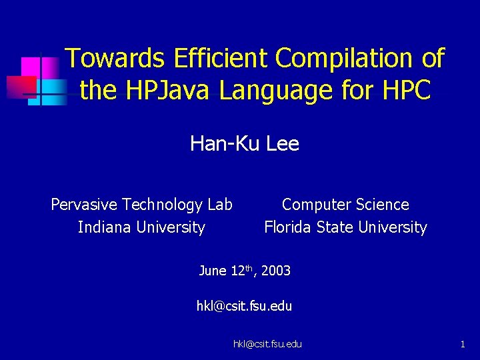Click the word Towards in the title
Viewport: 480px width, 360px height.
(115, 59)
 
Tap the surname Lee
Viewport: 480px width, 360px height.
(282, 143)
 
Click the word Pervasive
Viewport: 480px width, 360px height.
(83, 205)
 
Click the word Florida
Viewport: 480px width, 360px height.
(288, 227)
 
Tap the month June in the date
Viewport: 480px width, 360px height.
(213, 271)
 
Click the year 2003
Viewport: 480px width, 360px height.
(276, 271)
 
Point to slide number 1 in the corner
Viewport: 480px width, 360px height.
(462, 344)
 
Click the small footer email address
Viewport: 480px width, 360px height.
(267, 344)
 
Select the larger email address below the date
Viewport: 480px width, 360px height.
(244, 307)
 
